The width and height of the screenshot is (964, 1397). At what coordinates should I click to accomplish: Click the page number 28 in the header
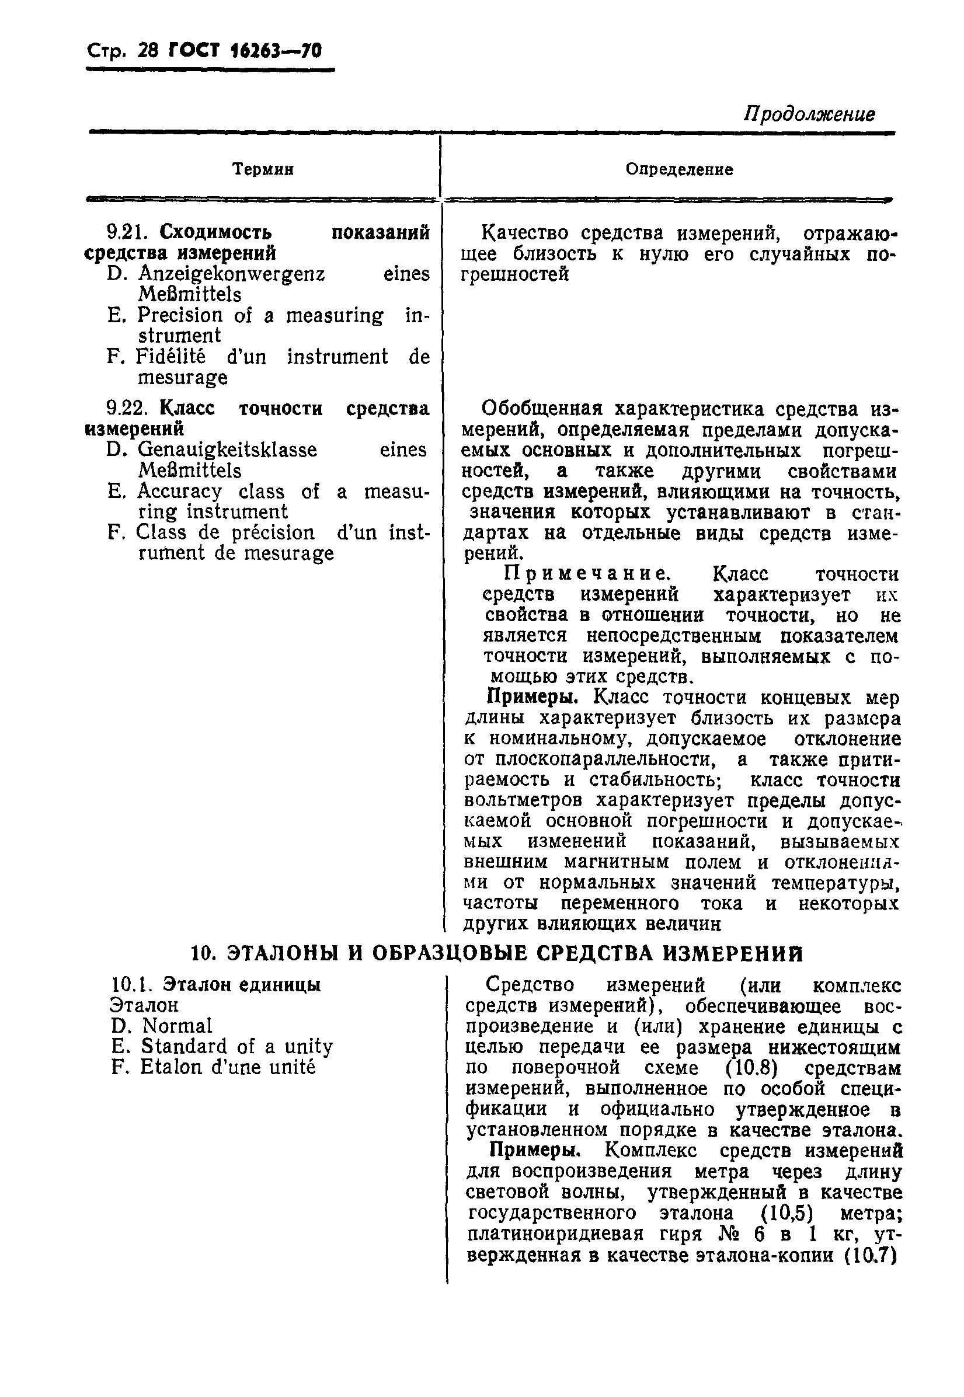pos(148,50)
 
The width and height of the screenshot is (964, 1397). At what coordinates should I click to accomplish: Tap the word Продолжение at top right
pos(809,114)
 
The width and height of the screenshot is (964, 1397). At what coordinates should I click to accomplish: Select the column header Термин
pos(263,170)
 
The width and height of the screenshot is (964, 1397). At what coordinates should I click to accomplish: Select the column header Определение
pos(679,170)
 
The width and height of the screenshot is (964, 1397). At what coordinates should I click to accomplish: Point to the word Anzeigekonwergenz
pos(231,274)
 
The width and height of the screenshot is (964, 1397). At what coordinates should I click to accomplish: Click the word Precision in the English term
pos(179,315)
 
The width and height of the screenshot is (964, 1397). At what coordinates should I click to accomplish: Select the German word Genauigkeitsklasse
pos(227,450)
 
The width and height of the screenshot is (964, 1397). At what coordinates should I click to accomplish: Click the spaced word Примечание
pos(586,573)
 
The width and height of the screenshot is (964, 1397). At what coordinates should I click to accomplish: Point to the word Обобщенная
pos(542,409)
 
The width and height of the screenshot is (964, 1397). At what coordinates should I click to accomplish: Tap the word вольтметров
pos(524,800)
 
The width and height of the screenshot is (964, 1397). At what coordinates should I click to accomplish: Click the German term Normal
pos(177,1026)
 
